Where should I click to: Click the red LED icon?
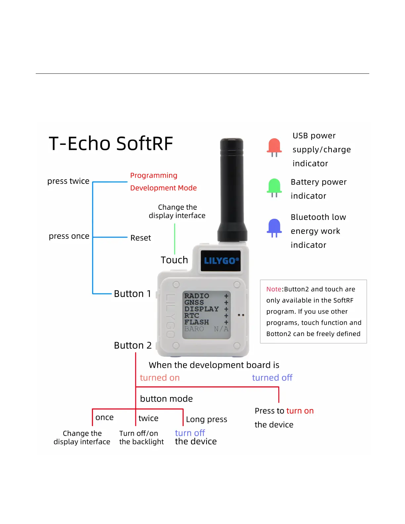[x=274, y=146]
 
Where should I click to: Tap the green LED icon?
[x=274, y=186]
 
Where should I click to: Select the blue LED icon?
[x=274, y=227]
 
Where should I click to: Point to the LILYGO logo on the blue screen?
[x=221, y=261]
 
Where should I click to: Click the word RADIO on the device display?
[x=197, y=296]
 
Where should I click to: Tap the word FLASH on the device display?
[x=197, y=322]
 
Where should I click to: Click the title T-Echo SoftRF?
[x=111, y=144]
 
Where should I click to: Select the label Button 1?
[x=132, y=294]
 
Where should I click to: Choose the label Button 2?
[x=133, y=345]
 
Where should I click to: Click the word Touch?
[x=174, y=260]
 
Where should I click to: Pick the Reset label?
[x=141, y=238]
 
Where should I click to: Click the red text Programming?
[x=154, y=175]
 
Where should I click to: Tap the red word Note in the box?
[x=274, y=289]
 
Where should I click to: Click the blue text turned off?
[x=272, y=378]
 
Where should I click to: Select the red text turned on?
[x=159, y=378]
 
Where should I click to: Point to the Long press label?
[x=206, y=419]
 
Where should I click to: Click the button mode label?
[x=166, y=399]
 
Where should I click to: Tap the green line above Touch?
[x=175, y=238]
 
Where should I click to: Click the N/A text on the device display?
[x=221, y=329]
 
